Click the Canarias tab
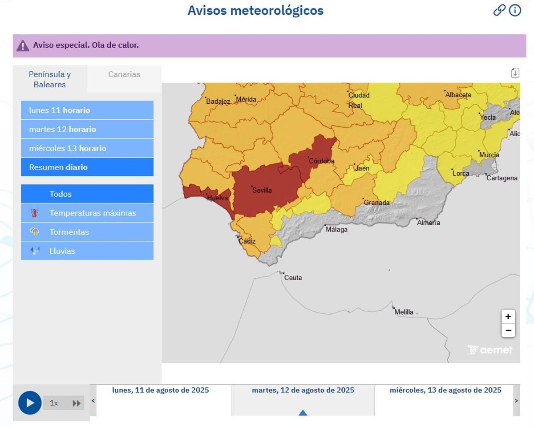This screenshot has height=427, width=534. pyautogui.click(x=124, y=74)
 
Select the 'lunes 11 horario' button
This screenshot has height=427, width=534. pyautogui.click(x=87, y=110)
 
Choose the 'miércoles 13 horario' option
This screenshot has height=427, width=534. pyautogui.click(x=87, y=148)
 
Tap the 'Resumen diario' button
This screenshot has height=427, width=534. pyautogui.click(x=87, y=167)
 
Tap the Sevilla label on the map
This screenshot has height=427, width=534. pyautogui.click(x=262, y=190)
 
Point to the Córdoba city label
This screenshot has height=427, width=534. pyautogui.click(x=321, y=161)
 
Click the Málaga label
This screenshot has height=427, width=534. pyautogui.click(x=336, y=229)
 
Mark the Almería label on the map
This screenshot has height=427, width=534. pyautogui.click(x=428, y=223)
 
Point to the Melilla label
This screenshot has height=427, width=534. pyautogui.click(x=404, y=312)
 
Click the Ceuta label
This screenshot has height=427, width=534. pyautogui.click(x=293, y=278)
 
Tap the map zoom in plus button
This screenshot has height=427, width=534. pyautogui.click(x=508, y=317)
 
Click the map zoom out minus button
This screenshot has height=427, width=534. pyautogui.click(x=508, y=330)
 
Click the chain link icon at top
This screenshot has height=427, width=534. pyautogui.click(x=499, y=10)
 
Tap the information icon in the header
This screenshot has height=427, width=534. pyautogui.click(x=515, y=10)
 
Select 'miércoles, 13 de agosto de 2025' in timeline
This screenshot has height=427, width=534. pyautogui.click(x=445, y=390)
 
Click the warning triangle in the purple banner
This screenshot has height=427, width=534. pyautogui.click(x=23, y=45)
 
